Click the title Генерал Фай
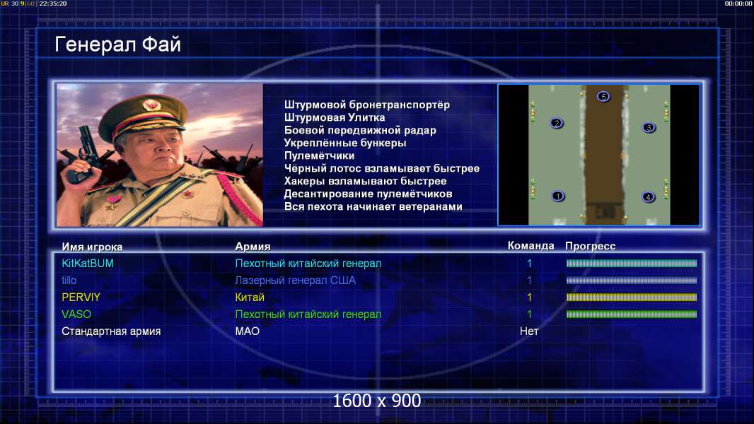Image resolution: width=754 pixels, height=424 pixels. tap(118, 45)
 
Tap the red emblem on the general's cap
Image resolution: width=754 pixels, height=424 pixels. tap(150, 105)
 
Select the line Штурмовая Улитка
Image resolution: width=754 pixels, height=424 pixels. tap(334, 117)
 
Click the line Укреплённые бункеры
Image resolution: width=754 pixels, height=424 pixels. tap(344, 143)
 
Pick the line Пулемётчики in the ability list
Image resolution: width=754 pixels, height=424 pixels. tap(319, 155)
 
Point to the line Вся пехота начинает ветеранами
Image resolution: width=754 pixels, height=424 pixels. tap(373, 206)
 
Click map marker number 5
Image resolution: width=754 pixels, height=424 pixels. tap(603, 97)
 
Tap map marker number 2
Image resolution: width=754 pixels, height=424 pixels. tap(557, 124)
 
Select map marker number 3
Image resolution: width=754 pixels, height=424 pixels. tap(649, 128)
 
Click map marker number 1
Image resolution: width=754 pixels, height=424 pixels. tap(558, 196)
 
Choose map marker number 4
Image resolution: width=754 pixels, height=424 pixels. tap(648, 197)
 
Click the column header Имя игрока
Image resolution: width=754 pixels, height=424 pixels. tap(93, 247)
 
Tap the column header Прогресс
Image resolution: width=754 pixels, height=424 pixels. tap(590, 246)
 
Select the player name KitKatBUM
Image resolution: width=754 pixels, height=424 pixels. tap(88, 264)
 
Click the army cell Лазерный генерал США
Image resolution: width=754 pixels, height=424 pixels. tap(295, 281)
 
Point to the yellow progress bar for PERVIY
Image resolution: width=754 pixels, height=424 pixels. tap(632, 298)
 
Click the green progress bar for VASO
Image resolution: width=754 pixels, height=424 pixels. tap(632, 314)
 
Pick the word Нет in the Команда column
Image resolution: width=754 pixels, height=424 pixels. tap(529, 331)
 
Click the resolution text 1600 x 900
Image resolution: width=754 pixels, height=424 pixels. tap(377, 401)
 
